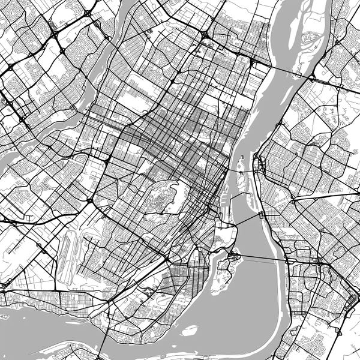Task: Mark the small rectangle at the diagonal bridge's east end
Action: [x=261, y=215]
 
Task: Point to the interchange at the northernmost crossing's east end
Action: [x=312, y=77]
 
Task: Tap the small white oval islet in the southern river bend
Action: [x=190, y=329]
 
